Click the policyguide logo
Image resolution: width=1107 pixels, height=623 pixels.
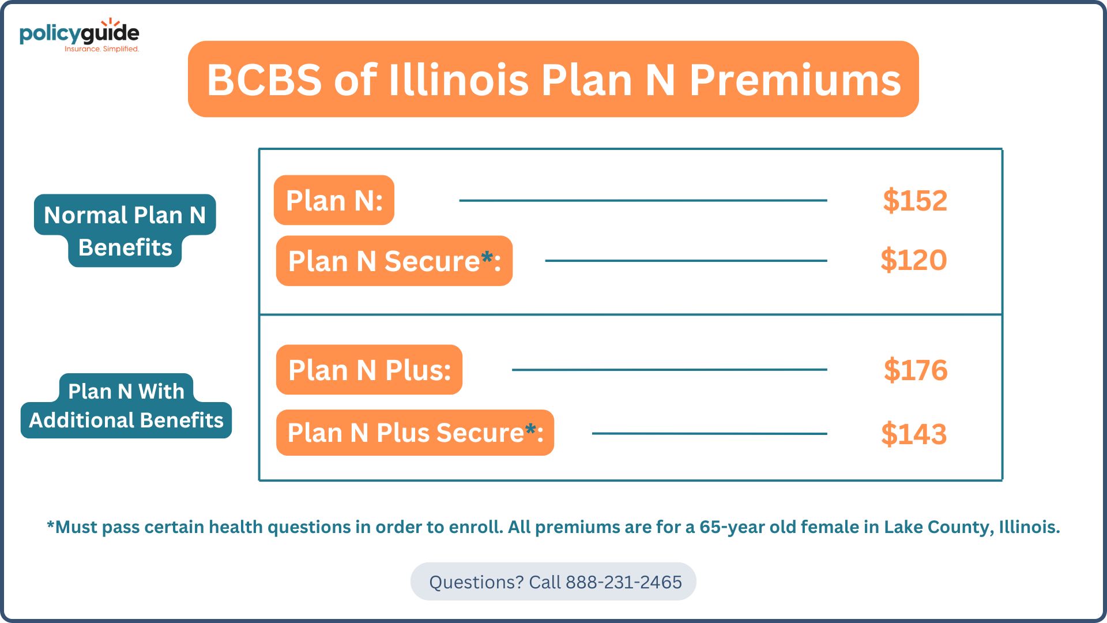pos(80,35)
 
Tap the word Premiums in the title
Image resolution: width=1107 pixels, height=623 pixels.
pos(795,80)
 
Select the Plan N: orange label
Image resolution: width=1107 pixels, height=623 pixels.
pos(334,200)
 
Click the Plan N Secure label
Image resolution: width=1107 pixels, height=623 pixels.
pos(394,261)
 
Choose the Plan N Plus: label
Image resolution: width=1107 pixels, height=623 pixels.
pos(369,370)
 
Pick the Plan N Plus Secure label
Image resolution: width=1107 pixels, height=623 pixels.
pos(415,433)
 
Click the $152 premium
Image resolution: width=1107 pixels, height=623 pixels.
pos(915,201)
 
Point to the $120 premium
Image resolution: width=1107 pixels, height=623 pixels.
pos(914,260)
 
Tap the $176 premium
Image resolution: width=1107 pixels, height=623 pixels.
pos(916,370)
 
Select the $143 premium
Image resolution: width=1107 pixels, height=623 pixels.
pos(914,434)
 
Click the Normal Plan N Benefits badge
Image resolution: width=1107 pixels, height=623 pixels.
pos(125,231)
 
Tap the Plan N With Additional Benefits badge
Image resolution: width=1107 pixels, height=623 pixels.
pos(126,406)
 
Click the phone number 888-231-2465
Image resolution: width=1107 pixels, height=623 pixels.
pos(624,582)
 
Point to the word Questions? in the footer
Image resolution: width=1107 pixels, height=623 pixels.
pos(476,582)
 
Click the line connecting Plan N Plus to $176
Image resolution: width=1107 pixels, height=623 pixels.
pos(669,370)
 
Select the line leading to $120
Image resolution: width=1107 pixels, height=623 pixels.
pos(686,261)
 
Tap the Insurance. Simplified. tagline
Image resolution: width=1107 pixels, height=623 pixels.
pos(101,49)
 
